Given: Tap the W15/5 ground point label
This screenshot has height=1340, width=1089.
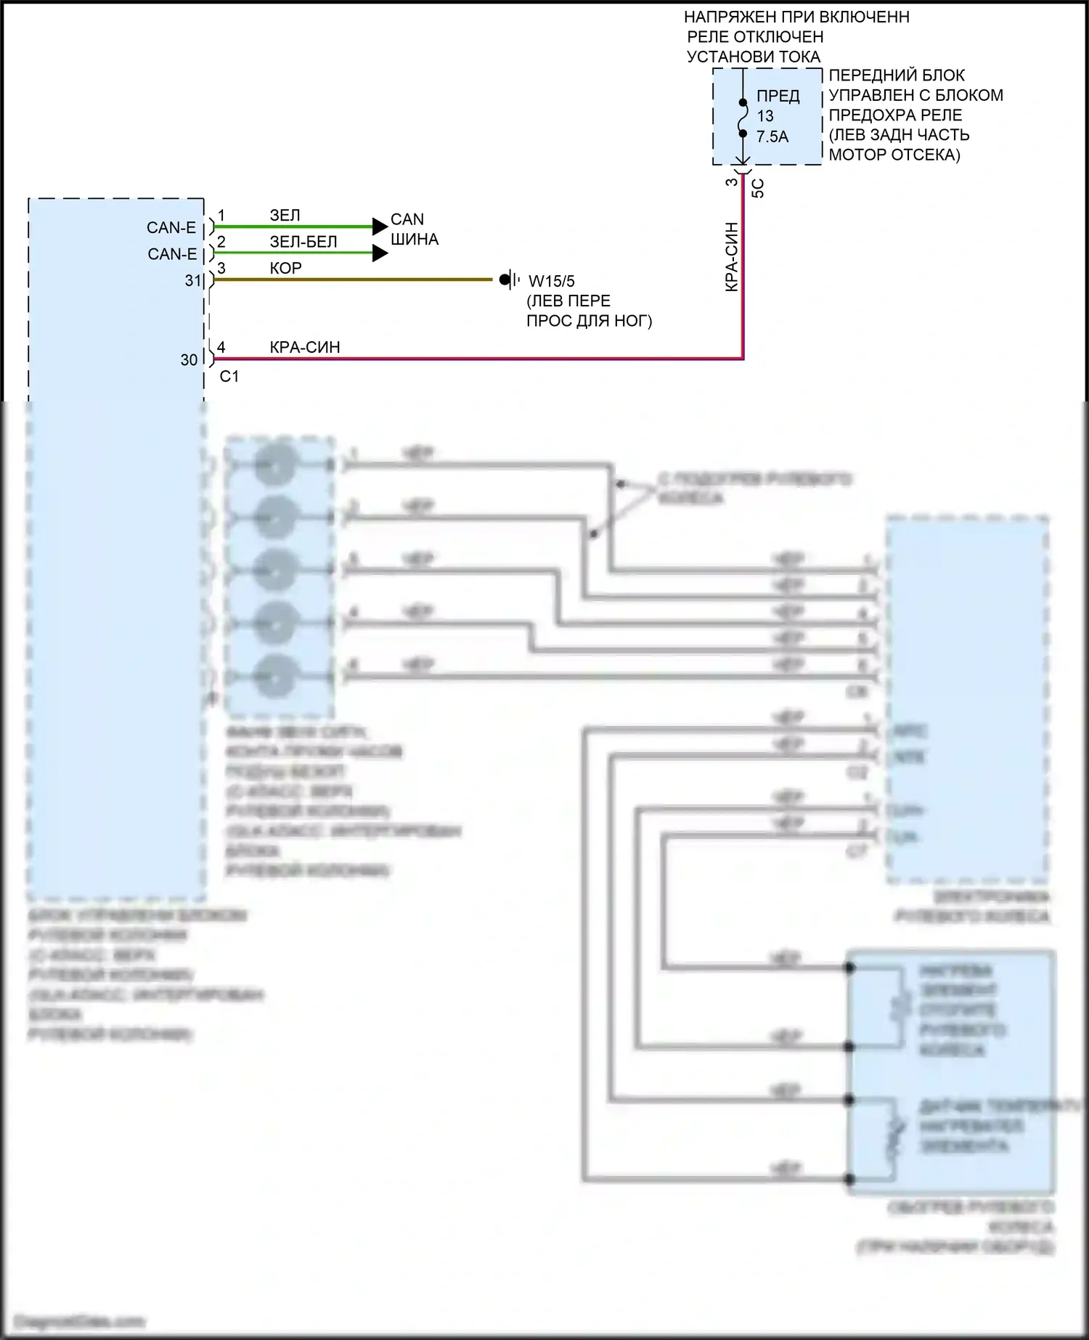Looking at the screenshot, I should coord(552,281).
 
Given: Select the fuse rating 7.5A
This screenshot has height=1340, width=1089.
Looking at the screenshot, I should coord(772,136).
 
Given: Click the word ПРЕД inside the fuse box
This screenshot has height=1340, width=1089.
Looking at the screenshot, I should coord(778,96).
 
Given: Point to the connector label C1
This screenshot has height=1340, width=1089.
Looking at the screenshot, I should coord(229,376).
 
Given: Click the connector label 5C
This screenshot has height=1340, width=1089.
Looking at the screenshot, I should coord(757,189).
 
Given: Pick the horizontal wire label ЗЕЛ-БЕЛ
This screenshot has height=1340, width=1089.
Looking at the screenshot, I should coord(303,242).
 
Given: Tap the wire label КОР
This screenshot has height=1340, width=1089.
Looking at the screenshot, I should coord(285,268).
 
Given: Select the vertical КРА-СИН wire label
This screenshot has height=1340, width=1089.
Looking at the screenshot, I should coord(731,257).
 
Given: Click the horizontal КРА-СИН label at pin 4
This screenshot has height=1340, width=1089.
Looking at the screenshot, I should coord(304,347).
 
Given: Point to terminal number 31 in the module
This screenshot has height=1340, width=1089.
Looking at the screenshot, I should coord(192,280).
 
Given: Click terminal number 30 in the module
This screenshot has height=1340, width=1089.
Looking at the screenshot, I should coord(189,360).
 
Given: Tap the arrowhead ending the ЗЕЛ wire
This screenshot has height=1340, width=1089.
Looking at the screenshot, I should coord(380,226).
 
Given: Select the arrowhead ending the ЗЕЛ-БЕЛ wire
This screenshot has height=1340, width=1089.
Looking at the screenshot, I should coord(380,253).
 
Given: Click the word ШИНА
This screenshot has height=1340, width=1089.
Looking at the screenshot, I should coord(414,239).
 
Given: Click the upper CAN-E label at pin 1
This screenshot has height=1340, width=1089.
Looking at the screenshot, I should coord(171,228).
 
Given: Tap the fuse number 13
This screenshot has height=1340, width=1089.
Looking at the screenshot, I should coord(765,116).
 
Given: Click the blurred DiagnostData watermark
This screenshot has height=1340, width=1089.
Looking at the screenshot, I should coord(79,1321).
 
